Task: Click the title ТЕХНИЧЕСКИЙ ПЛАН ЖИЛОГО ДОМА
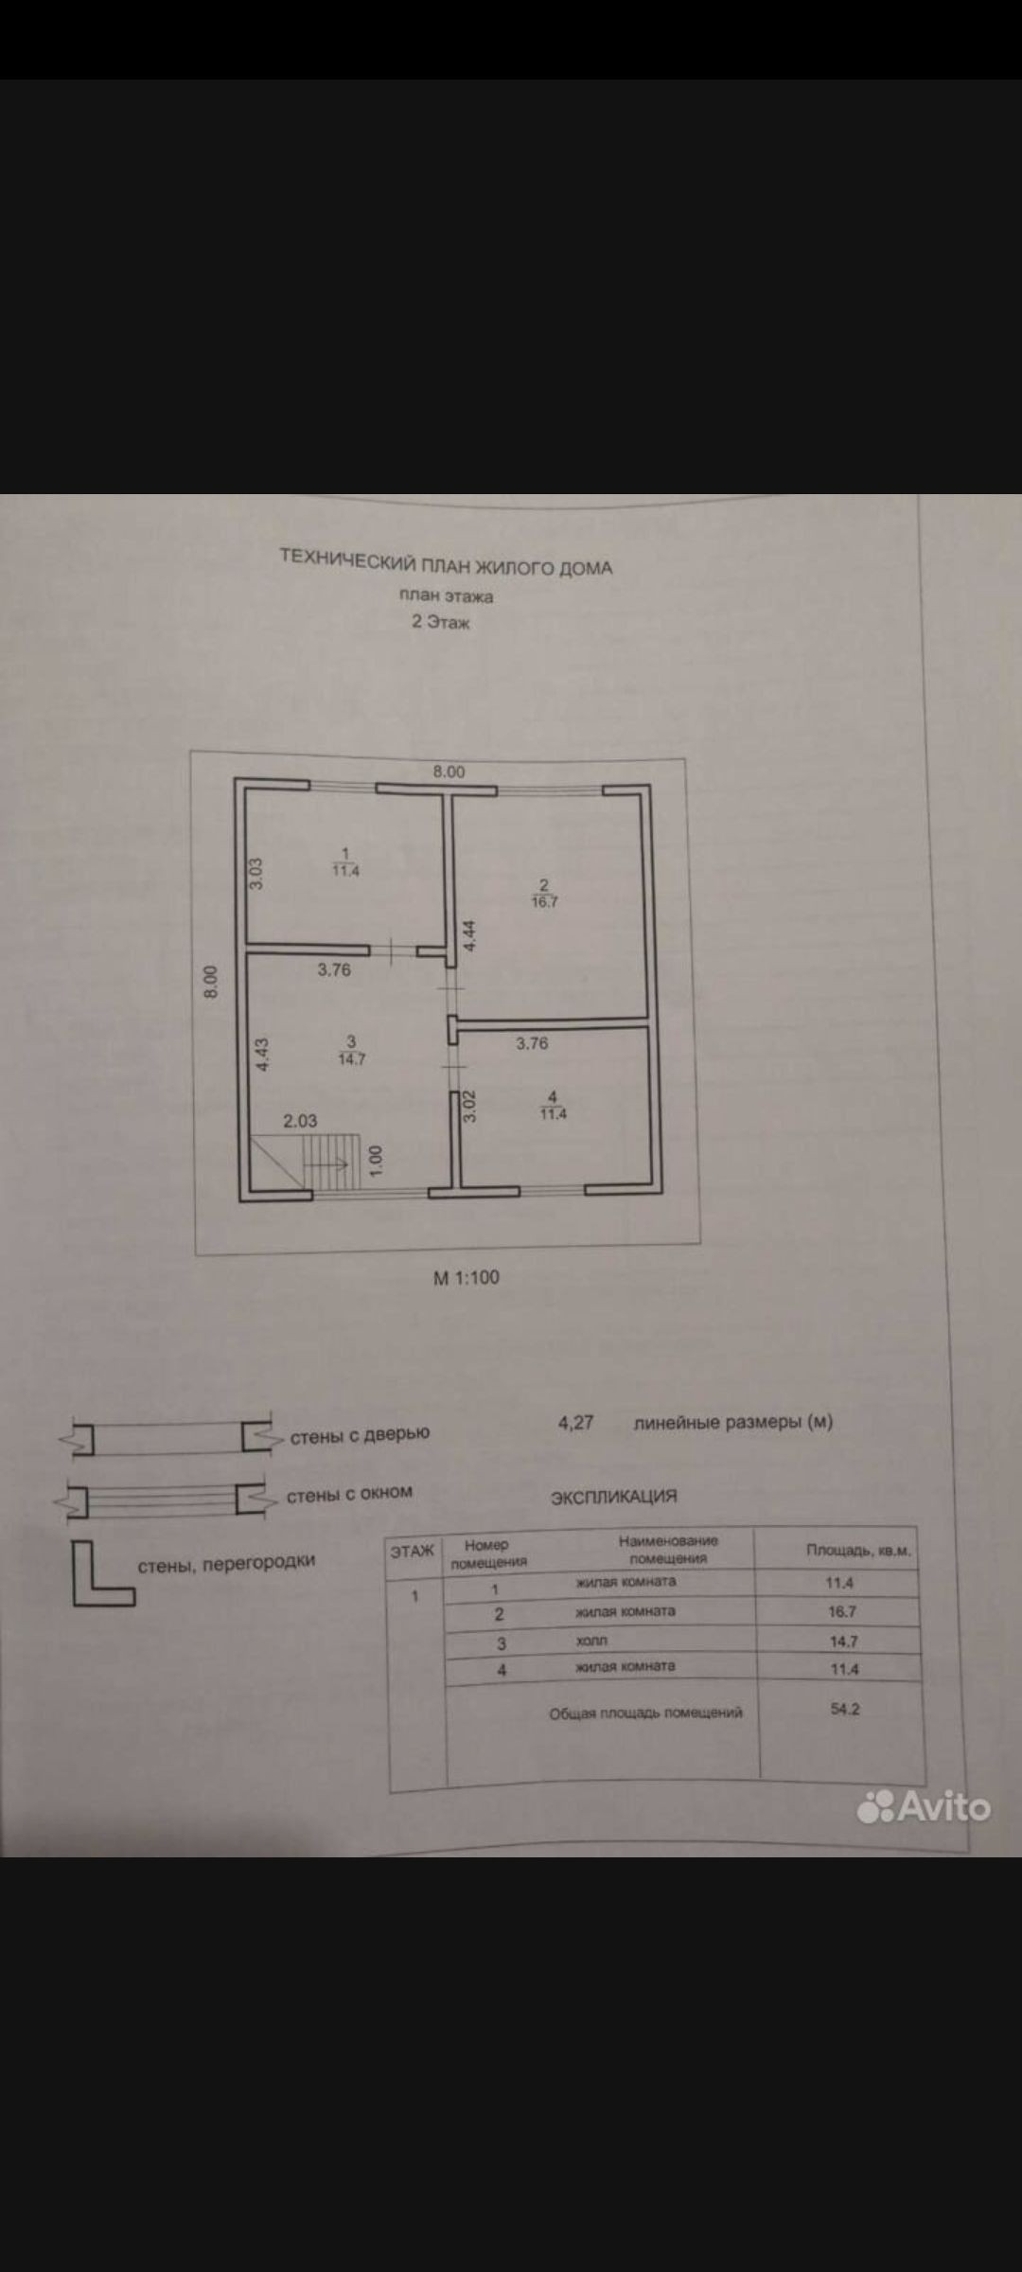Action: click(446, 562)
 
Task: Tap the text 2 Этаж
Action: click(440, 623)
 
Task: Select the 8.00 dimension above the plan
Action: click(449, 772)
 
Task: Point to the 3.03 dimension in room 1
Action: click(255, 873)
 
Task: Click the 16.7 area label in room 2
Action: click(545, 902)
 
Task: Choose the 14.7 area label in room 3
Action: click(352, 1059)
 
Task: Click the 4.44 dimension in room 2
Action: click(469, 936)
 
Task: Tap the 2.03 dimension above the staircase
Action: click(300, 1121)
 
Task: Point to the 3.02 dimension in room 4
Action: click(468, 1107)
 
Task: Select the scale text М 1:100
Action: click(466, 1277)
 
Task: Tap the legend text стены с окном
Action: click(349, 1493)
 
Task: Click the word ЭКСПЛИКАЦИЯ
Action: click(614, 1497)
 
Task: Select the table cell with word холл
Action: click(591, 1641)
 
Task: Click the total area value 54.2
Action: click(845, 1710)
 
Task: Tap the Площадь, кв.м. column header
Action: click(858, 1551)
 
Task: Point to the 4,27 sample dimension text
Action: click(575, 1422)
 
